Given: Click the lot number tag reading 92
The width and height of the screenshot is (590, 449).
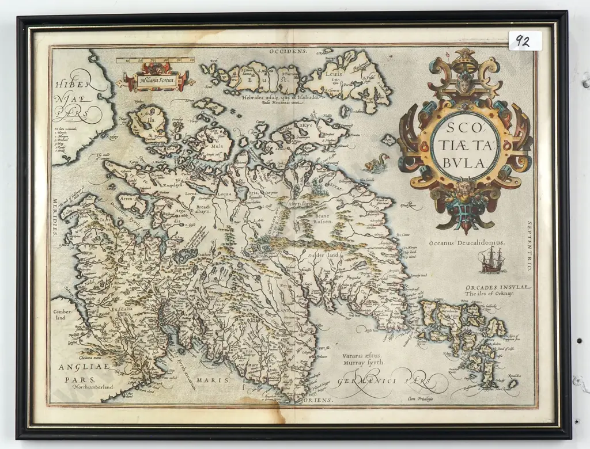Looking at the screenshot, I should pos(524,41).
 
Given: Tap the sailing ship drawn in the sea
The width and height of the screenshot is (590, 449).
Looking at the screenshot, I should pos(491,261).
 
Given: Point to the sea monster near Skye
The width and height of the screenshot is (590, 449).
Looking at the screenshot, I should pos(376,163).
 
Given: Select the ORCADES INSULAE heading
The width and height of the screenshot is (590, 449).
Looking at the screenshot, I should pos(498,287).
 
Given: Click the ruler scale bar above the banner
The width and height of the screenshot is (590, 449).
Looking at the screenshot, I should pos(155,59).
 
